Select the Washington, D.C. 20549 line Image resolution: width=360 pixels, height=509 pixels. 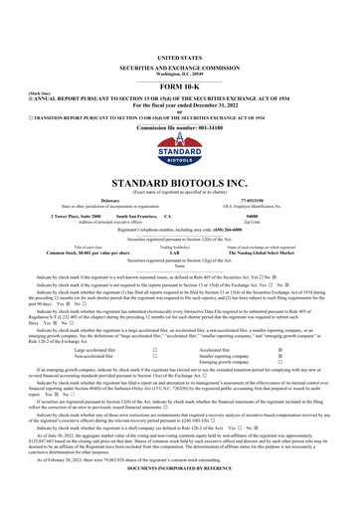[x=180, y=48]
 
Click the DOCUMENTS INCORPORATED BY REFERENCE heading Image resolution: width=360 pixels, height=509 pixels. [x=180, y=504]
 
